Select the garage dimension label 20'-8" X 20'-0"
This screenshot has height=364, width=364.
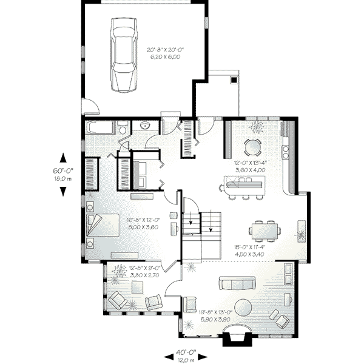(164, 52)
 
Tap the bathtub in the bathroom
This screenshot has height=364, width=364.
(99, 129)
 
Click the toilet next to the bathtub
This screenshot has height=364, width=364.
(122, 129)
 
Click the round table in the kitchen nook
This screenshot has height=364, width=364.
(252, 147)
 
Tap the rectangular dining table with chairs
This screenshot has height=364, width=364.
(265, 230)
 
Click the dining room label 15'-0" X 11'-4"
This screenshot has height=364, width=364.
(249, 251)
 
